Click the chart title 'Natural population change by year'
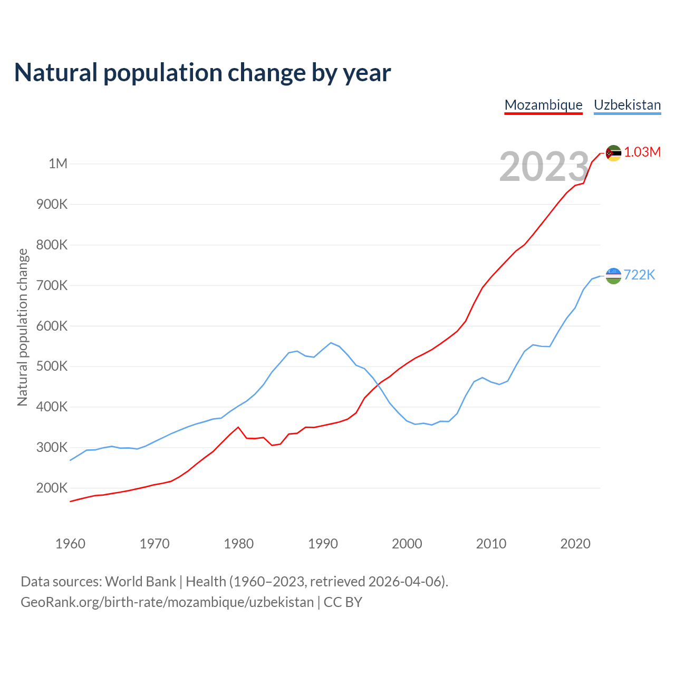[x=202, y=73]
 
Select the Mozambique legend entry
[x=543, y=105]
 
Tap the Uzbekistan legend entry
[x=627, y=105]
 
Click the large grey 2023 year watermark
[x=544, y=167]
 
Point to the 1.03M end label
[x=642, y=152]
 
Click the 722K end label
[x=639, y=275]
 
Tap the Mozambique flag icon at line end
[x=613, y=153]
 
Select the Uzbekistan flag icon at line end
[x=613, y=275]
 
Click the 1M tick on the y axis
[x=58, y=163]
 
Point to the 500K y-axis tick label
[x=52, y=367]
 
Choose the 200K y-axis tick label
[x=52, y=488]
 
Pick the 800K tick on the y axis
[x=52, y=245]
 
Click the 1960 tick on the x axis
[x=70, y=544]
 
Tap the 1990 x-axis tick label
[x=323, y=544]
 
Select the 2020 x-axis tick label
[x=575, y=544]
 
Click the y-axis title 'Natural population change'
[x=22, y=327]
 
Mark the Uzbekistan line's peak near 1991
[x=331, y=343]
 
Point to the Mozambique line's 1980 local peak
[x=238, y=427]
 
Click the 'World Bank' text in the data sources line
[x=140, y=582]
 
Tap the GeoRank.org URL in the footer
[x=167, y=602]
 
